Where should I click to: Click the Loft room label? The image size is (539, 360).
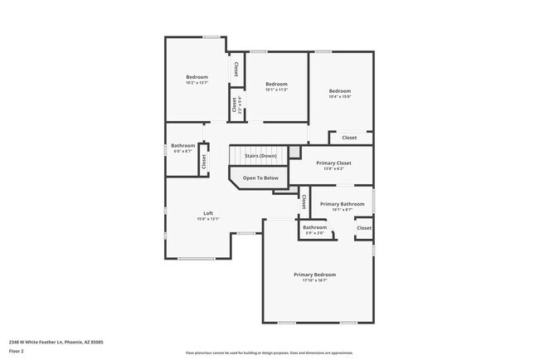pyautogui.click(x=208, y=213)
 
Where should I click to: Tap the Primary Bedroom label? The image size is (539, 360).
pyautogui.click(x=314, y=274)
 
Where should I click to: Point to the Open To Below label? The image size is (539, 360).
pyautogui.click(x=260, y=178)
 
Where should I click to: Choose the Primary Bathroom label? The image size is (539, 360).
pyautogui.click(x=342, y=204)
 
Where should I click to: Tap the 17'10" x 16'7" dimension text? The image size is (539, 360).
pyautogui.click(x=314, y=280)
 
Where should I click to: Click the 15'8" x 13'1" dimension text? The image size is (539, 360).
pyautogui.click(x=208, y=219)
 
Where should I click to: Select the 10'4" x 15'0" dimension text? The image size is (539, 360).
pyautogui.click(x=340, y=96)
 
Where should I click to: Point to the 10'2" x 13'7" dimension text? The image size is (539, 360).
pyautogui.click(x=197, y=83)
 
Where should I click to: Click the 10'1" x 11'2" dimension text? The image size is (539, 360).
pyautogui.click(x=276, y=90)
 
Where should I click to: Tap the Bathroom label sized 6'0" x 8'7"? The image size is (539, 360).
pyautogui.click(x=183, y=146)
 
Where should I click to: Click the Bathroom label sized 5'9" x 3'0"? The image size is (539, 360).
pyautogui.click(x=314, y=227)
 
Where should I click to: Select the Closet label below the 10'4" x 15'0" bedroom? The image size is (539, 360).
pyautogui.click(x=349, y=138)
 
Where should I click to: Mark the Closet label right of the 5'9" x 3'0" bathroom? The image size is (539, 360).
pyautogui.click(x=364, y=227)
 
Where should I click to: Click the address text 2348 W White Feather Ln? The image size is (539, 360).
pyautogui.click(x=56, y=341)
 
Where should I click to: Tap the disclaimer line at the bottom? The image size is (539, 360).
pyautogui.click(x=269, y=353)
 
